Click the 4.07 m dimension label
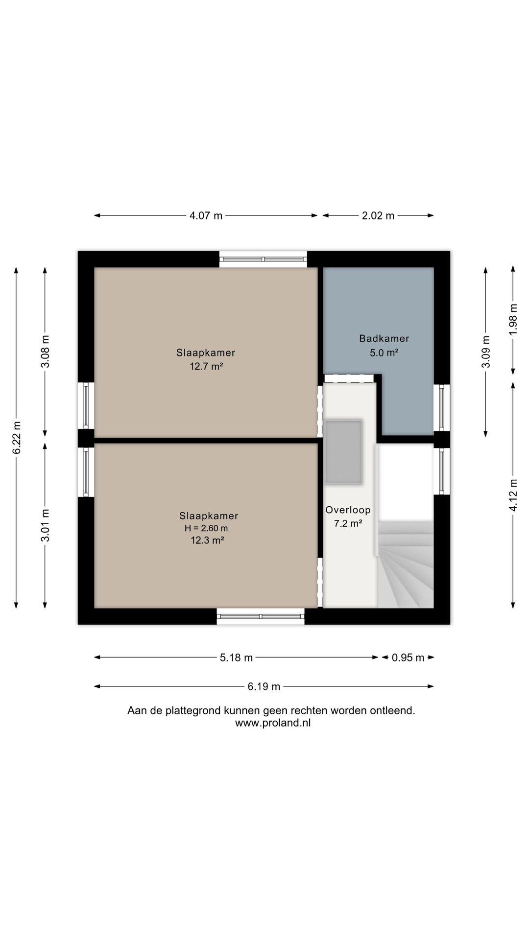[206, 215]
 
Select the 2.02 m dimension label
[378, 215]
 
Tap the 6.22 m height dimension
[16, 437]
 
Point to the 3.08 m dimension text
[45, 351]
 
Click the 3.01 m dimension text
[45, 525]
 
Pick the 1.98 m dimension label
[513, 319]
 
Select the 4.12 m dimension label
[513, 494]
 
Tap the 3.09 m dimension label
[485, 351]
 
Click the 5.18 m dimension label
[236, 658]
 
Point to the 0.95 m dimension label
[408, 658]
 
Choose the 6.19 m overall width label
[264, 686]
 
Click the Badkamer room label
[384, 338]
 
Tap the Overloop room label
[348, 510]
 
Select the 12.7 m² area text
[206, 366]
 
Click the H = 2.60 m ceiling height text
[206, 528]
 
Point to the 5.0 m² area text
[384, 352]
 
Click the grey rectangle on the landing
[344, 452]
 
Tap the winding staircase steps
[406, 568]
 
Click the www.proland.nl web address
[272, 723]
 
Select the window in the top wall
[263, 259]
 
